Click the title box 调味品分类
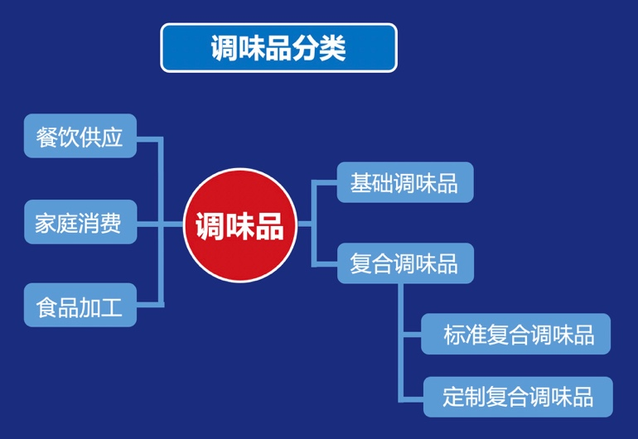click(278, 48)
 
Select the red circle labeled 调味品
click(239, 224)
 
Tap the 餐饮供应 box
click(80, 136)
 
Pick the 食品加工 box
click(80, 306)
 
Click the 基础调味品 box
click(404, 182)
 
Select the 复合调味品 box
click(404, 263)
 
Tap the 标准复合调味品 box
click(515, 335)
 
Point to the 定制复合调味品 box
click(517, 397)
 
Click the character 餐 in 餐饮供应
click(46, 136)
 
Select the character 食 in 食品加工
click(46, 306)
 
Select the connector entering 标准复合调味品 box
click(411, 335)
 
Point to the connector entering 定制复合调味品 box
click(411, 397)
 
